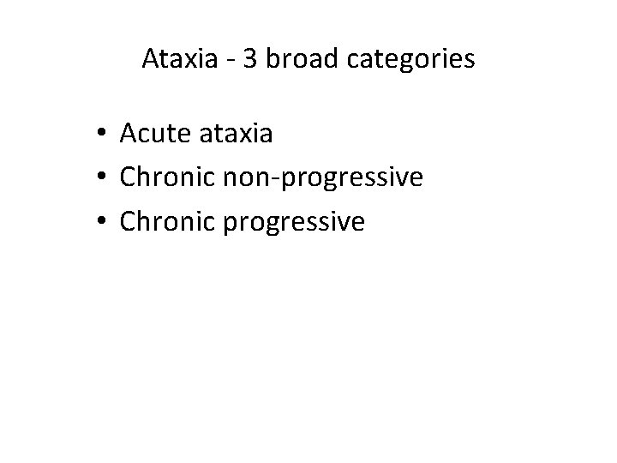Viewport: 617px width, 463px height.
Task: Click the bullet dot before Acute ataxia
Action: pos(101,134)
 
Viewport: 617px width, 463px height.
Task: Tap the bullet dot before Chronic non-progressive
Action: pos(101,178)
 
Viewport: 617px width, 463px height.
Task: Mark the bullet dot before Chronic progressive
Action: pos(101,223)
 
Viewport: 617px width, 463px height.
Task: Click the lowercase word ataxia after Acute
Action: pos(234,134)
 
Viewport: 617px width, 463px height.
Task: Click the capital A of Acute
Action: pos(129,134)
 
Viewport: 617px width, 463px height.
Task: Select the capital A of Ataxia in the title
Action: pos(149,61)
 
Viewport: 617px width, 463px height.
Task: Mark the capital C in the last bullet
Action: pos(129,223)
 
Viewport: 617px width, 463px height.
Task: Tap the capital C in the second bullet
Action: pos(129,178)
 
